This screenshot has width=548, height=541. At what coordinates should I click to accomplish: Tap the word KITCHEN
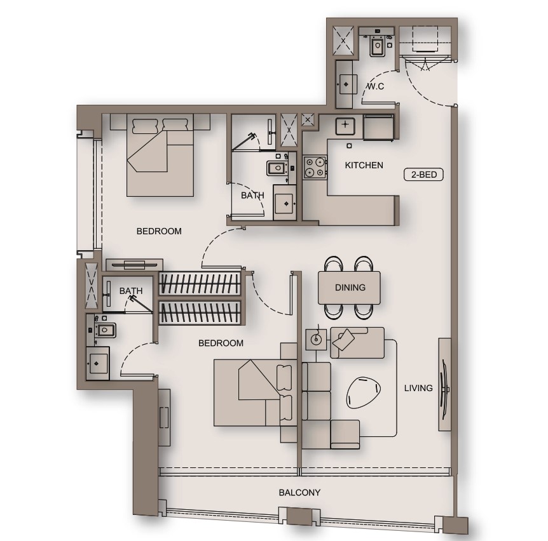point(364,166)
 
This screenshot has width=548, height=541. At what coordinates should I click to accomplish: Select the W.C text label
point(375,86)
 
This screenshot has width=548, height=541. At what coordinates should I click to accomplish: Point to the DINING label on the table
point(350,288)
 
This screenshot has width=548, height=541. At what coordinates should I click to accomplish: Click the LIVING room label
point(418,388)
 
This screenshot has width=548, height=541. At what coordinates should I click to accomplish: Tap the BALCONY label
point(299,493)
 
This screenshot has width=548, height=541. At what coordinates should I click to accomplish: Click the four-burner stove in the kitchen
point(314,166)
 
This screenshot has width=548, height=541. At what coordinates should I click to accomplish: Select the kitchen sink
point(345,126)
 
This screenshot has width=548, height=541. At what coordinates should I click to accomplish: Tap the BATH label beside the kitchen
point(252,196)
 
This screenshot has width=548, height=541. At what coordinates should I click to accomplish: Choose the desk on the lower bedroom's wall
point(164,417)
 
